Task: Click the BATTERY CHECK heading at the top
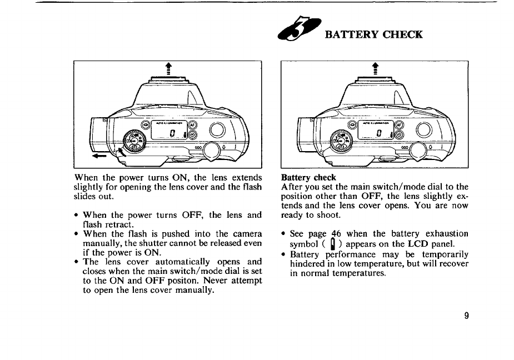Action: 373,34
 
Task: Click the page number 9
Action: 467,316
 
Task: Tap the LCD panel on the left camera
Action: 172,132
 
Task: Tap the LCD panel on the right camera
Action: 379,132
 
